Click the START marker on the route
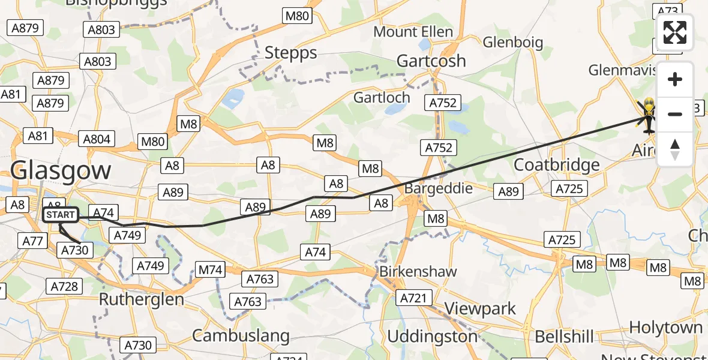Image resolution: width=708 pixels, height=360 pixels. pos(60,215)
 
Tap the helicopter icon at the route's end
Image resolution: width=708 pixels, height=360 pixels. pos(649,115)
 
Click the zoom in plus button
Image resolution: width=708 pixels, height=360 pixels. pos(675,79)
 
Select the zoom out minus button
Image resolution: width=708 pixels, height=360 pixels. pos(675,113)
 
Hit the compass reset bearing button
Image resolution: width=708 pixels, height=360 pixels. pos(675,149)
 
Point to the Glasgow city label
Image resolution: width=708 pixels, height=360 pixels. pos(61,170)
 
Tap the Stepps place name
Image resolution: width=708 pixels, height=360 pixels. pos(291,53)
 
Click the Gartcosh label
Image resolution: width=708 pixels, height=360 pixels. pos(431,61)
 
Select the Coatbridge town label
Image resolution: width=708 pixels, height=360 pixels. pos(557,165)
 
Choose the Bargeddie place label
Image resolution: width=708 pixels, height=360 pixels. pos(439,188)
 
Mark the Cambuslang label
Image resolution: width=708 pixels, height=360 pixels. pos(241,335)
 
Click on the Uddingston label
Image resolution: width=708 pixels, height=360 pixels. pos(432,337)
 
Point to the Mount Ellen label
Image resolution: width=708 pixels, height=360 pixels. pos(413,31)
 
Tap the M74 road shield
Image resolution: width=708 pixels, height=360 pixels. pos(211,270)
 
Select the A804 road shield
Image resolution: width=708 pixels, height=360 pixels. pos(97,139)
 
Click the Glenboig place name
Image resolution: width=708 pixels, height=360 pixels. pos(513,42)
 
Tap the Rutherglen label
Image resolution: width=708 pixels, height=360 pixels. pos(141,299)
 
